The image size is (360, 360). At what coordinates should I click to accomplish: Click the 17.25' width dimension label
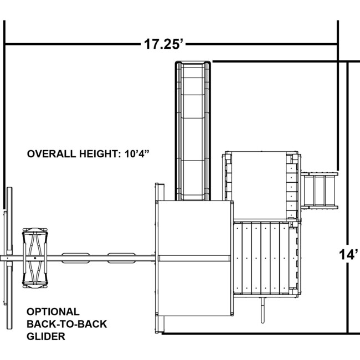pos(164,44)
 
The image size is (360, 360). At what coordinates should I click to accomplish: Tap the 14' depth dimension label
pos(348,254)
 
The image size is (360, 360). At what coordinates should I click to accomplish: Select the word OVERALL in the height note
pos(52,154)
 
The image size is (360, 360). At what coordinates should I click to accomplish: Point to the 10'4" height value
pos(137,153)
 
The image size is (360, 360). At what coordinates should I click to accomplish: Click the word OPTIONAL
pos(53,312)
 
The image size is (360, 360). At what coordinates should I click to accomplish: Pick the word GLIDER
pos(46,336)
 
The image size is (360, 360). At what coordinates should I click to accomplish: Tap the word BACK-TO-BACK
pos(67,324)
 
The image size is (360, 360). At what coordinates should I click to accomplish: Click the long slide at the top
pos(193,131)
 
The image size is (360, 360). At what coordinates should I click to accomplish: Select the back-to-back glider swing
pos(35,258)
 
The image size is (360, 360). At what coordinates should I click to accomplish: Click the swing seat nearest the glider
pos(75,258)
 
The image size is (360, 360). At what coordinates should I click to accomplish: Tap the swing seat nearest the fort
pos(121,258)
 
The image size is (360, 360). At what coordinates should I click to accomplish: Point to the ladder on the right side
pos(319,191)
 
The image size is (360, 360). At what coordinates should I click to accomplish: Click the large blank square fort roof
pos(194,258)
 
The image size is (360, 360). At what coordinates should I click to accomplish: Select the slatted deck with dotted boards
pos(261,258)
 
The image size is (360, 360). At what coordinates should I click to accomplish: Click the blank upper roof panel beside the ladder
pos(259,185)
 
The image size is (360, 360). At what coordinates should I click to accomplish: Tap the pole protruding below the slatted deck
pos(263,310)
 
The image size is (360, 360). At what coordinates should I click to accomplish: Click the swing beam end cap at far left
pos(4,258)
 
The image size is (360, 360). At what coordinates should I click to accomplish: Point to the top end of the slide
pos(193,63)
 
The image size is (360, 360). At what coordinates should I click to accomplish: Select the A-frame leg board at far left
pos(9,258)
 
